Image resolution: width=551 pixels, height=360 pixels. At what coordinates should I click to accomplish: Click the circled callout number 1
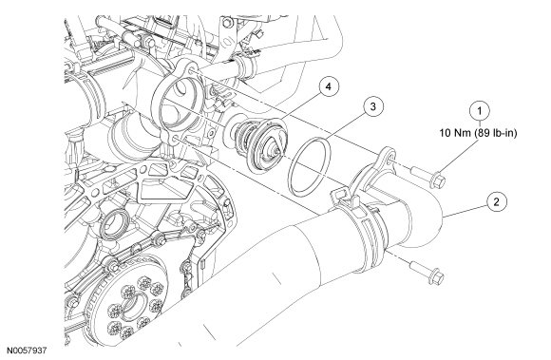coord(480,111)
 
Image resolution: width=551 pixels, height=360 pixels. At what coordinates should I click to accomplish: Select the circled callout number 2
coord(496,202)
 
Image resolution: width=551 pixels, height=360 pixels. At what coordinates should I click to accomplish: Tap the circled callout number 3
coord(373,106)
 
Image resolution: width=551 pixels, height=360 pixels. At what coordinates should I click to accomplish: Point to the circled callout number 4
coord(328,86)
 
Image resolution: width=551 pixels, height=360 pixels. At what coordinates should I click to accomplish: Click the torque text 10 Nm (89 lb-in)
coord(478,133)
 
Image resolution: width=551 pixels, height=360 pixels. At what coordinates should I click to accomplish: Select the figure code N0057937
coord(27,351)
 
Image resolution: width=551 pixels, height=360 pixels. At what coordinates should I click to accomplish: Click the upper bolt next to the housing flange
coord(428,178)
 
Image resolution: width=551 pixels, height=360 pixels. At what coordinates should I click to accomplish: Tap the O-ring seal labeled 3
coord(310,166)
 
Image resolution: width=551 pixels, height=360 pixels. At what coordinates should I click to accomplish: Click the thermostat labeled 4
coord(258,143)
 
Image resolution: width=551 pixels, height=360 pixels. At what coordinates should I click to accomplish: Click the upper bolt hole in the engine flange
coord(191,71)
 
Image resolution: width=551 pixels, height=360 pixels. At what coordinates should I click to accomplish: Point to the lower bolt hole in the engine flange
coord(175,140)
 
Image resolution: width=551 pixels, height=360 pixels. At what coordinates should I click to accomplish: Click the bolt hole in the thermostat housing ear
coord(389,161)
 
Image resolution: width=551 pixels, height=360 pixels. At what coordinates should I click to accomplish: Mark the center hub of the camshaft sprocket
coord(135,303)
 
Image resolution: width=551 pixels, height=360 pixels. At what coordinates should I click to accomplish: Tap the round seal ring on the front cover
coord(114,225)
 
